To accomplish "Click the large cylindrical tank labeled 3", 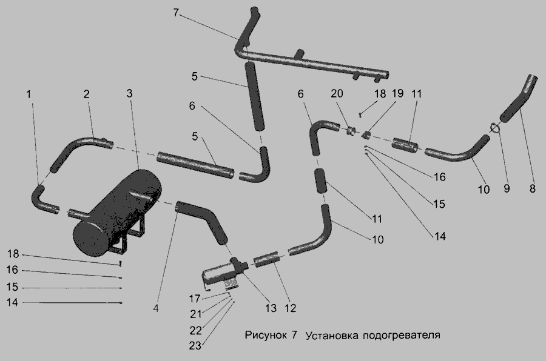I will tap(115, 212).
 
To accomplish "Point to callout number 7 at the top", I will tap(176, 13).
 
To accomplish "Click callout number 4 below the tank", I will tap(156, 308).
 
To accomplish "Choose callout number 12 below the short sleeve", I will tap(290, 308).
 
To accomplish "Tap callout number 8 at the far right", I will tap(532, 188).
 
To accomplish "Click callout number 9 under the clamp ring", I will tap(507, 188).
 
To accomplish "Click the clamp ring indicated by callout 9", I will tap(495, 127).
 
